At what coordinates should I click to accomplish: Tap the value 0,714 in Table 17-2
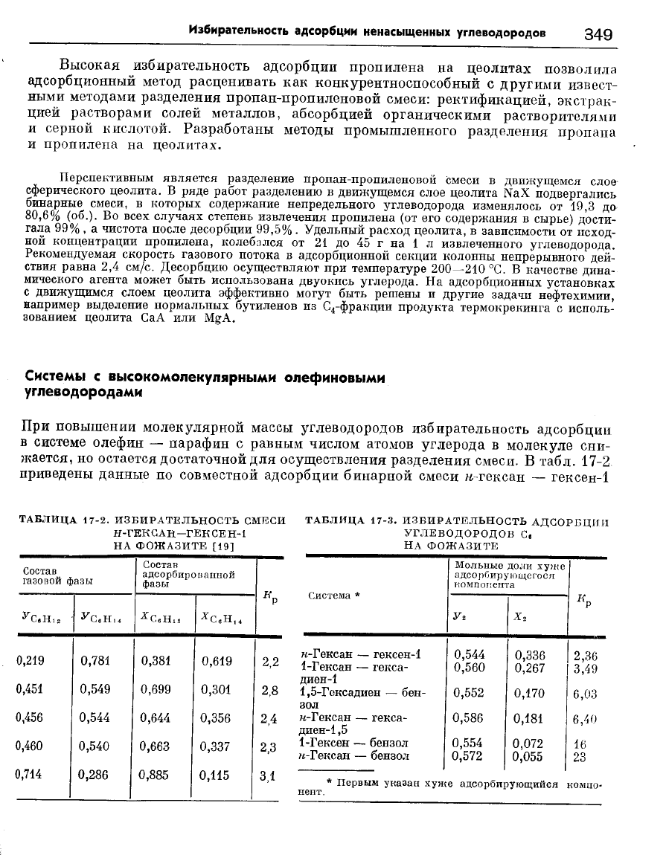tap(28, 774)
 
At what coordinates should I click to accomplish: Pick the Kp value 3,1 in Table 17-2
tap(269, 774)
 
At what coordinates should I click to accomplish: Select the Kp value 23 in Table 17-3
tap(581, 756)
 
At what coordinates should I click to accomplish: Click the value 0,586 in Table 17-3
tap(469, 719)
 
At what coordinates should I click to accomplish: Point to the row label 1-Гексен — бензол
tap(353, 743)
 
